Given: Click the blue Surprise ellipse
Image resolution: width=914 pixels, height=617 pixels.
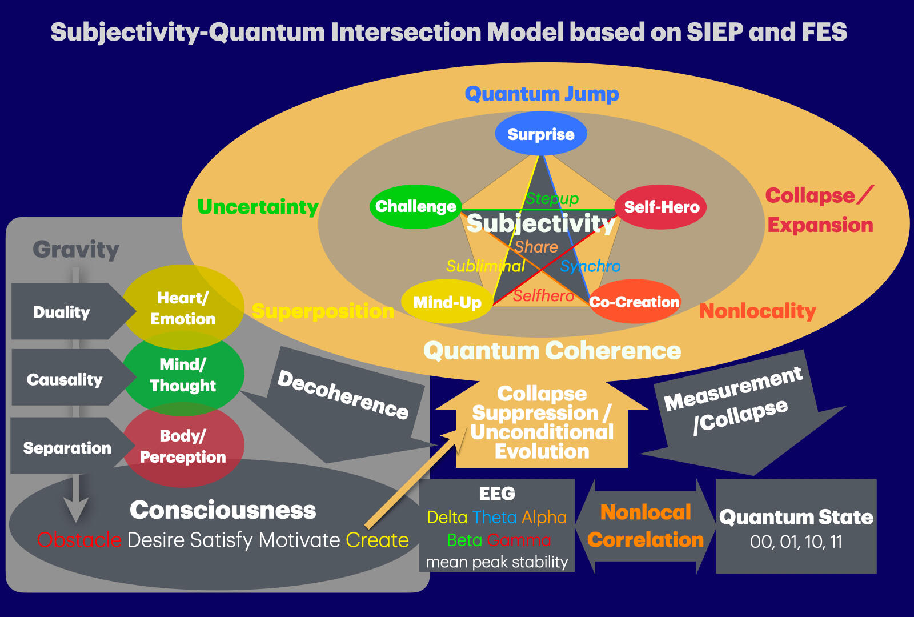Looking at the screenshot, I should click(x=540, y=134).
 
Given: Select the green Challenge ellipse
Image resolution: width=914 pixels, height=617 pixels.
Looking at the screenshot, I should click(x=415, y=206).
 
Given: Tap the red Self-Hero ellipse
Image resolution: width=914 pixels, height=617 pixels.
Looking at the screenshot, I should click(x=661, y=207).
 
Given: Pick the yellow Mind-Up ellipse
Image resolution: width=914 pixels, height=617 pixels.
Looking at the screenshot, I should click(x=447, y=302).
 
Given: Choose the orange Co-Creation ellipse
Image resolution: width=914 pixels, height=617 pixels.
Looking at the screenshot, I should click(x=634, y=302).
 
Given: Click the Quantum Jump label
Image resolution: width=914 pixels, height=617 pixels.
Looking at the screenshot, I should click(x=542, y=94).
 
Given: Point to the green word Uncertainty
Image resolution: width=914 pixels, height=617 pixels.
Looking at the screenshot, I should click(x=258, y=207).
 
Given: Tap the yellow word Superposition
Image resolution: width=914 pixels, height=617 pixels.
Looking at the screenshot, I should click(x=323, y=311).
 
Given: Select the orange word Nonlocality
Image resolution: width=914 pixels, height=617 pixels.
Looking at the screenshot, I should click(x=757, y=311).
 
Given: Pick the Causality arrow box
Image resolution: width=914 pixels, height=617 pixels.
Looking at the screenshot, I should click(x=65, y=379).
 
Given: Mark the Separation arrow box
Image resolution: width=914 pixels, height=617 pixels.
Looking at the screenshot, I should click(x=67, y=448).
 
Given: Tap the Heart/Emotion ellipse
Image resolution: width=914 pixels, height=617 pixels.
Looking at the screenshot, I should click(x=183, y=308).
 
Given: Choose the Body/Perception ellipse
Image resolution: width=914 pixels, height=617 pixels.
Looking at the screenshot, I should click(x=183, y=446).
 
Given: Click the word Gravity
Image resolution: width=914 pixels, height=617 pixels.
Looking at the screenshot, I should click(x=76, y=250).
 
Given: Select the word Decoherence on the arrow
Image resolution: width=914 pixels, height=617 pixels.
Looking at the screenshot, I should click(x=343, y=394).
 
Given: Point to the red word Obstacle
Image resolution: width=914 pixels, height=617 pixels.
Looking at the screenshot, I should click(x=79, y=540).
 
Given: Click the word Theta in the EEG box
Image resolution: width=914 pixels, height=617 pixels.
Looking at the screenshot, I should click(x=495, y=517).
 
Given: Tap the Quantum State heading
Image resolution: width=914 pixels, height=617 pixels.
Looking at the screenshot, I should click(x=796, y=517).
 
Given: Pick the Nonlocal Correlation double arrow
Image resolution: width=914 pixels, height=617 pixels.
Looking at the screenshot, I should click(x=646, y=526).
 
